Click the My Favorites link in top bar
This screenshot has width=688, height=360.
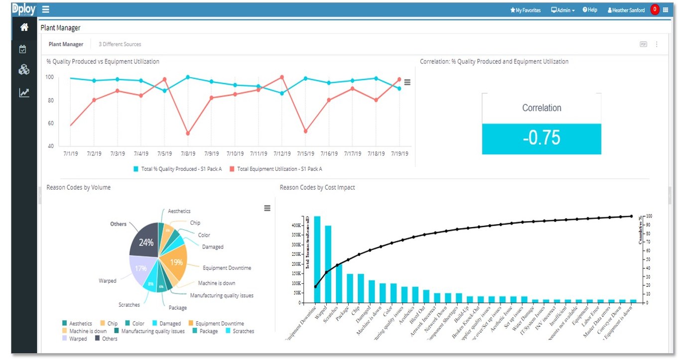tap(525, 10)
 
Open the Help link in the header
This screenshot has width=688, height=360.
tap(590, 10)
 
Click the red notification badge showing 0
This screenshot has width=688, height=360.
tap(655, 9)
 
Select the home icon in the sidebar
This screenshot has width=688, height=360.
tap(24, 27)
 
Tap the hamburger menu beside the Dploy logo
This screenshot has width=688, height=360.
tap(46, 9)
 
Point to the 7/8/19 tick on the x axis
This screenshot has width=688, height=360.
tap(187, 154)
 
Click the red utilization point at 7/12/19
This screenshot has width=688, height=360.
tap(282, 77)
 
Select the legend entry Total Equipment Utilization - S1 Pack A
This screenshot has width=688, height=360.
tap(276, 169)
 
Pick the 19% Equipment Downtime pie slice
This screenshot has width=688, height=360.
tap(177, 261)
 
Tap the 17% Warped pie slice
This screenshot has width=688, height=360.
tap(141, 268)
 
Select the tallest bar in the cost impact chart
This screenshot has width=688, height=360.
tap(317, 259)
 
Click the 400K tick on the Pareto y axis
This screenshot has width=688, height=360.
tap(295, 226)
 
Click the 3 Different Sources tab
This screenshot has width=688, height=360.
tap(120, 44)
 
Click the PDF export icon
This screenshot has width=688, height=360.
tap(643, 44)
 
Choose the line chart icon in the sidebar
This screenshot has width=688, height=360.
tap(24, 93)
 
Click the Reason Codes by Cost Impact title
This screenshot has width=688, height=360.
tap(317, 188)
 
